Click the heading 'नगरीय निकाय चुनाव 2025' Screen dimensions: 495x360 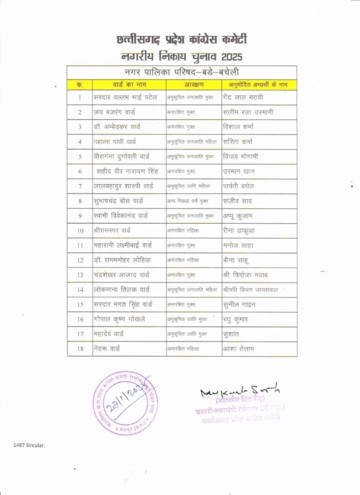click(x=181, y=56)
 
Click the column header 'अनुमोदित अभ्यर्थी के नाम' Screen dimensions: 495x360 click(x=255, y=85)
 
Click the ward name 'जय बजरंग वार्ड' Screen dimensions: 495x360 click(x=115, y=112)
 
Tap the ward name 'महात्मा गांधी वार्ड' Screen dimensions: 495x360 click(x=115, y=142)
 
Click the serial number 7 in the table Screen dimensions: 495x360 click(x=79, y=186)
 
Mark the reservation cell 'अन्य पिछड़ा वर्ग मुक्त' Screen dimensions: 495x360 click(x=190, y=201)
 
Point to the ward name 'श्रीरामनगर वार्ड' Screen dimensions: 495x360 click(x=112, y=231)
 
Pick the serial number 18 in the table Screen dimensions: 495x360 click(x=79, y=349)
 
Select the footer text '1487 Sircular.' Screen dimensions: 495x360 click(x=29, y=445)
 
